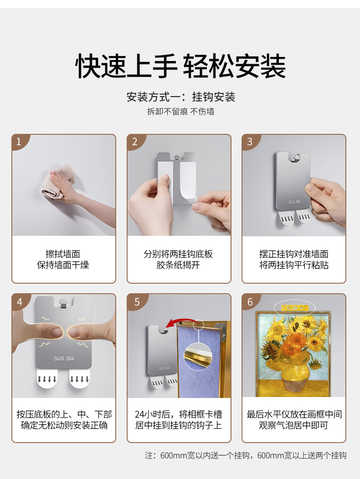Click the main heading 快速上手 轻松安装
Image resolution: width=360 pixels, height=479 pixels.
tap(180, 66)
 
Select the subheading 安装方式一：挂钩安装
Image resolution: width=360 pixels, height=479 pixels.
tap(180, 97)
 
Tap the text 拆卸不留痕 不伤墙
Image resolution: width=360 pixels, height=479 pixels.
tap(180, 112)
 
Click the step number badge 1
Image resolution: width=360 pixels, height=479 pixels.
tap(19, 142)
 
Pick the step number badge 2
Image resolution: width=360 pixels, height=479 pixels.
tap(134, 142)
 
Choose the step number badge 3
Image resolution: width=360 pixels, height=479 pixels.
tap(249, 142)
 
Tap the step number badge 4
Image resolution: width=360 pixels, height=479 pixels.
tap(19, 301)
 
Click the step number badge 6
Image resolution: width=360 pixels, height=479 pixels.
tap(250, 301)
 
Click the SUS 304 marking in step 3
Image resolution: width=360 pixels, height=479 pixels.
tap(294, 202)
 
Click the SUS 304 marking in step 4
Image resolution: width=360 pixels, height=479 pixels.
tap(64, 358)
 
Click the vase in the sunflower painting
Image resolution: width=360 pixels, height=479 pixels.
tap(294, 373)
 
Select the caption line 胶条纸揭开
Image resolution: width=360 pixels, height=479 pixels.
tap(178, 265)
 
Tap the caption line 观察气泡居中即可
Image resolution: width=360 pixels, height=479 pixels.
tap(293, 425)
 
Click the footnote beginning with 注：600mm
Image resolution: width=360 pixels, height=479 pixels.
tap(246, 455)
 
